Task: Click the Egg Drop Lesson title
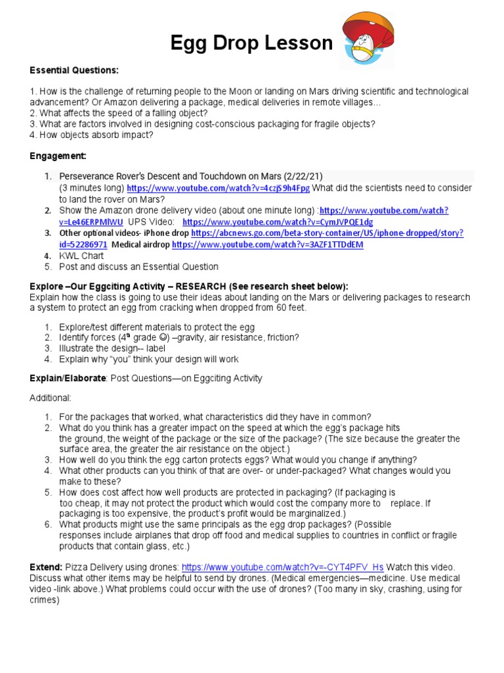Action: pos(251,43)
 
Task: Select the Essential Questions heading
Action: pos(73,70)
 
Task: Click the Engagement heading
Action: pos(58,156)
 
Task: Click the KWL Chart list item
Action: pos(82,256)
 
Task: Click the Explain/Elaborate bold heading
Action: pos(67,378)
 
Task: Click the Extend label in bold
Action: pos(46,567)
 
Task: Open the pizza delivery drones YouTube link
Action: pos(282,567)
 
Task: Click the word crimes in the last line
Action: pos(45,599)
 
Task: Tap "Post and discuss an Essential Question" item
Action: pos(138,267)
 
